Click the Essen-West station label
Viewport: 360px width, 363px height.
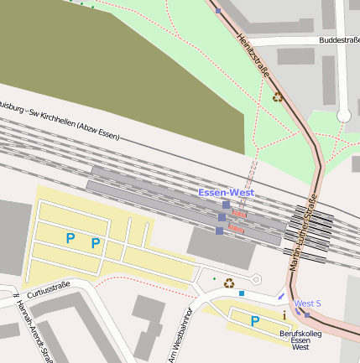226,193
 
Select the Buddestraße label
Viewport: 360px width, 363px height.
339,39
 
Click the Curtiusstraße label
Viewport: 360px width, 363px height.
49,290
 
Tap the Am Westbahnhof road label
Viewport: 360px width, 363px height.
177,336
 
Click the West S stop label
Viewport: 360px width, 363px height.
307,303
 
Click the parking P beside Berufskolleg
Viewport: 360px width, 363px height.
254,320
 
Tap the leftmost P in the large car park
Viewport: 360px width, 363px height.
70,239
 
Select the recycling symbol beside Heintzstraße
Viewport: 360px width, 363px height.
277,96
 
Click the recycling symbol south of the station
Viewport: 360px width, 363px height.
228,283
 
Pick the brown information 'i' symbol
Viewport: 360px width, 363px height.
284,314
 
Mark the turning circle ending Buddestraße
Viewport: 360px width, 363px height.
343,115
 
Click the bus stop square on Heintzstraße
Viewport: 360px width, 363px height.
218,11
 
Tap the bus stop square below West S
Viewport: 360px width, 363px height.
306,315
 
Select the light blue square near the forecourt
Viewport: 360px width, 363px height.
242,293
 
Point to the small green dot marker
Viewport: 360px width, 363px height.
214,278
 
